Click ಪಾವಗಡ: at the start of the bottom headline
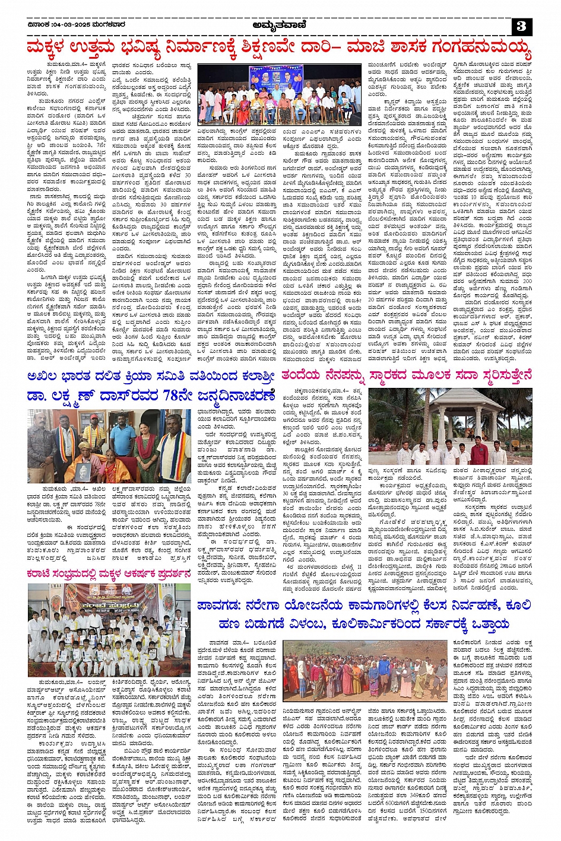pos(221,604)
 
